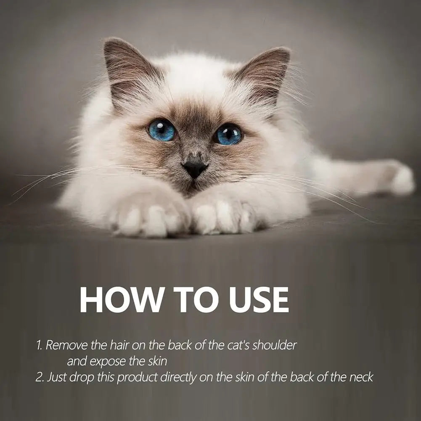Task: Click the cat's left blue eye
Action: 162,130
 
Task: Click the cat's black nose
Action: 194,168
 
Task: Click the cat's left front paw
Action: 149,217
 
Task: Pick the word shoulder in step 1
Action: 276,345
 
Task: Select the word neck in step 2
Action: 361,377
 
